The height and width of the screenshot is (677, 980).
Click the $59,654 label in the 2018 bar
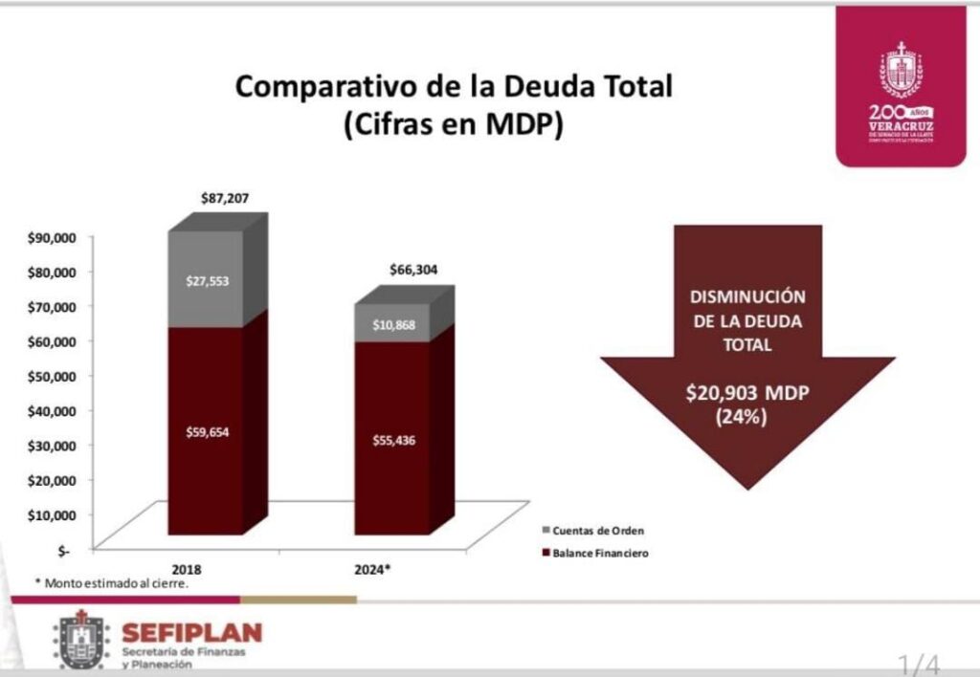tap(208, 431)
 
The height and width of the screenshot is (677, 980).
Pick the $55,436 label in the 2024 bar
tap(392, 440)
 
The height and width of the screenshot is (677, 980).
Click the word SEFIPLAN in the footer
tap(191, 632)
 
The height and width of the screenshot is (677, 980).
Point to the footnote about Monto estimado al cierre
tap(111, 582)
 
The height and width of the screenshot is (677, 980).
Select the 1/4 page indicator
tap(918, 662)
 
